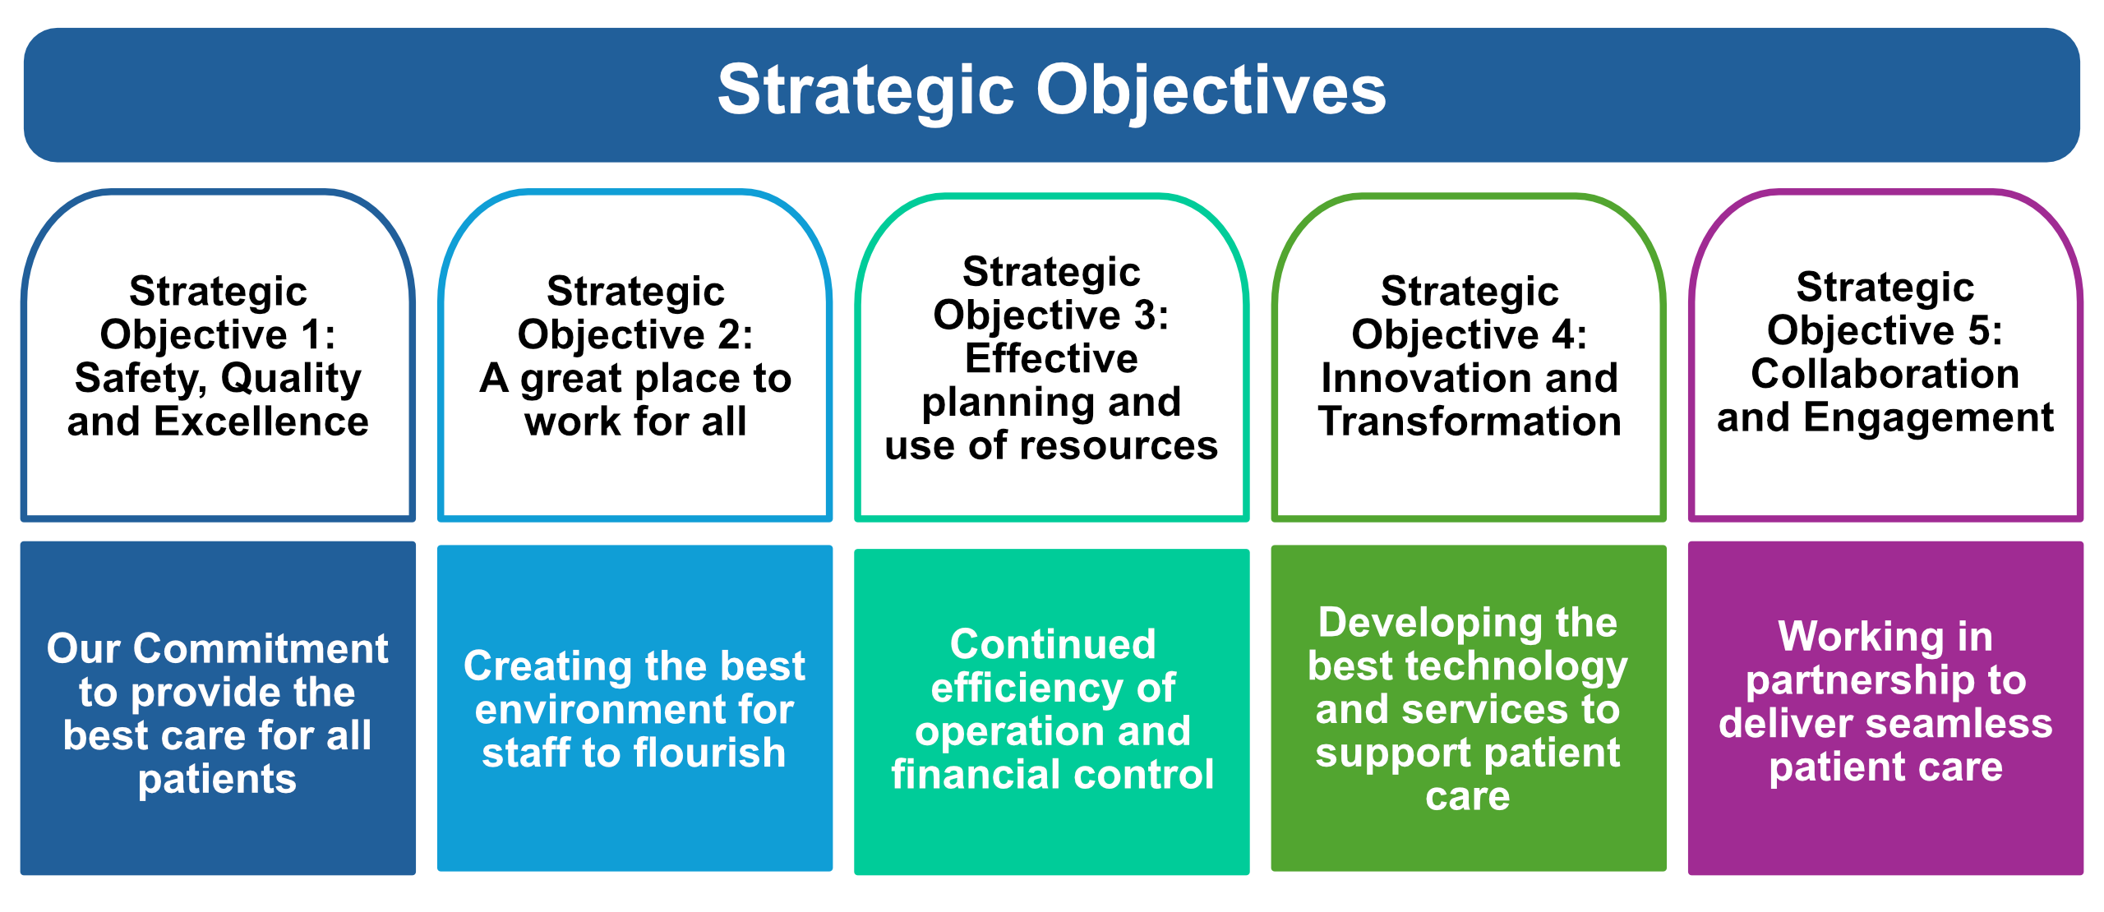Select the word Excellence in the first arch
click(261, 421)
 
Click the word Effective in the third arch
click(1051, 358)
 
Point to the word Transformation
click(1470, 421)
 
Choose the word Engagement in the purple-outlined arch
click(1928, 419)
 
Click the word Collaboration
click(1885, 374)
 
